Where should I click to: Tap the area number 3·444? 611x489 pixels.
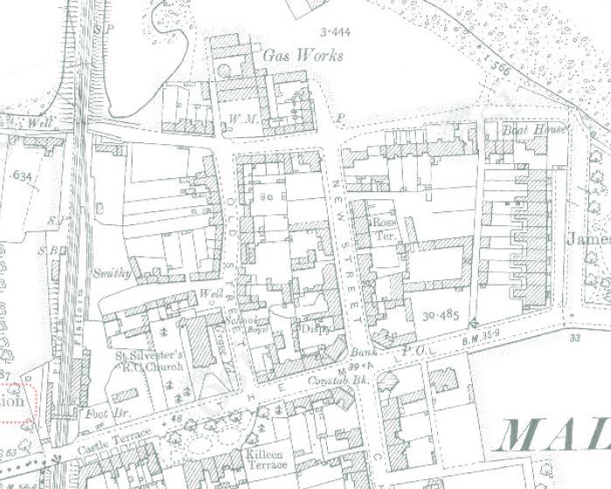(336, 32)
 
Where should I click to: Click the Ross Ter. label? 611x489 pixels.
(385, 229)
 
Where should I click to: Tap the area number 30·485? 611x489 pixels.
(439, 314)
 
